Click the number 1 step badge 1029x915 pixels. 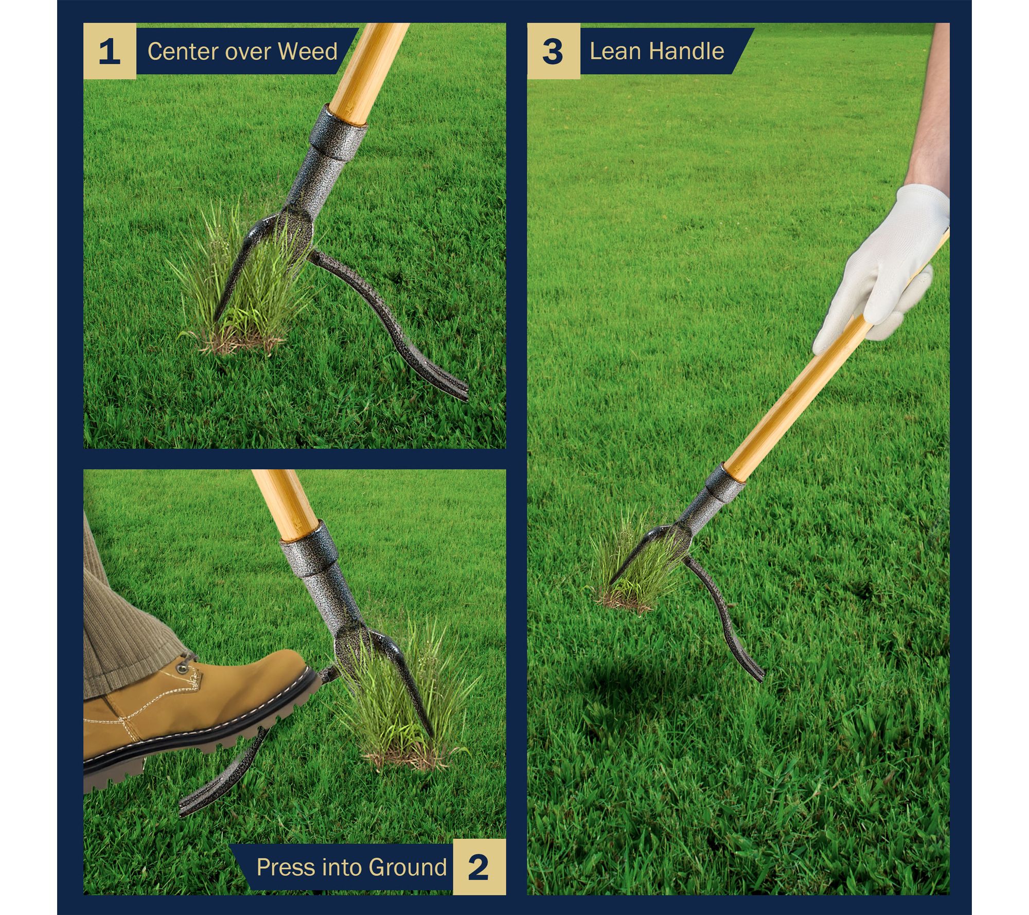[x=110, y=51]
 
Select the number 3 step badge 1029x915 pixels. [x=553, y=51]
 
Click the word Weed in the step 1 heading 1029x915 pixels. [x=308, y=51]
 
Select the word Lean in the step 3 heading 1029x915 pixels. [x=615, y=51]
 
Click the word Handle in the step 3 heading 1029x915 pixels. [x=686, y=51]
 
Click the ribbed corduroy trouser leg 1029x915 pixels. [x=123, y=618]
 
